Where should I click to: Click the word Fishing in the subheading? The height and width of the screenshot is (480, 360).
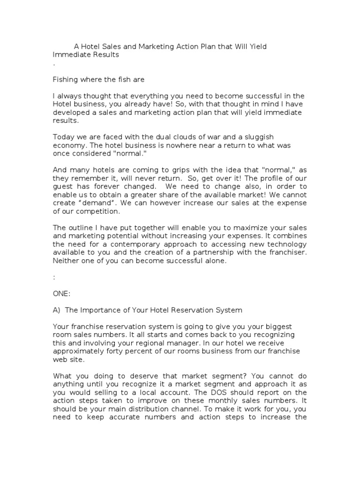[x=66, y=79]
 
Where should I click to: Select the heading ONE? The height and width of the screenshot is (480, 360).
[x=61, y=293]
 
